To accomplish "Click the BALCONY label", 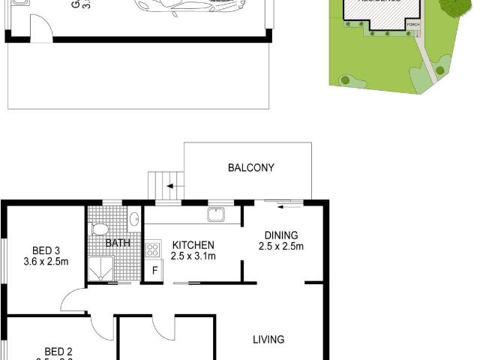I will (251, 168).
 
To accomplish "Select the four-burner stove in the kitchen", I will (153, 248).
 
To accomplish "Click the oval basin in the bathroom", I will (133, 219).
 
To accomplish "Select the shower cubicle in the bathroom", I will (101, 268).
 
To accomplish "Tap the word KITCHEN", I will (193, 245).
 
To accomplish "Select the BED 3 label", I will (46, 250).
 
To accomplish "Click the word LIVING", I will (268, 340).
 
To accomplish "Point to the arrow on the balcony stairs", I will (171, 187).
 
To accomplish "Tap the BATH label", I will (118, 243).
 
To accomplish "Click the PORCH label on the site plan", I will (412, 24).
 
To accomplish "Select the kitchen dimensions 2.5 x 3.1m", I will (193, 256).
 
